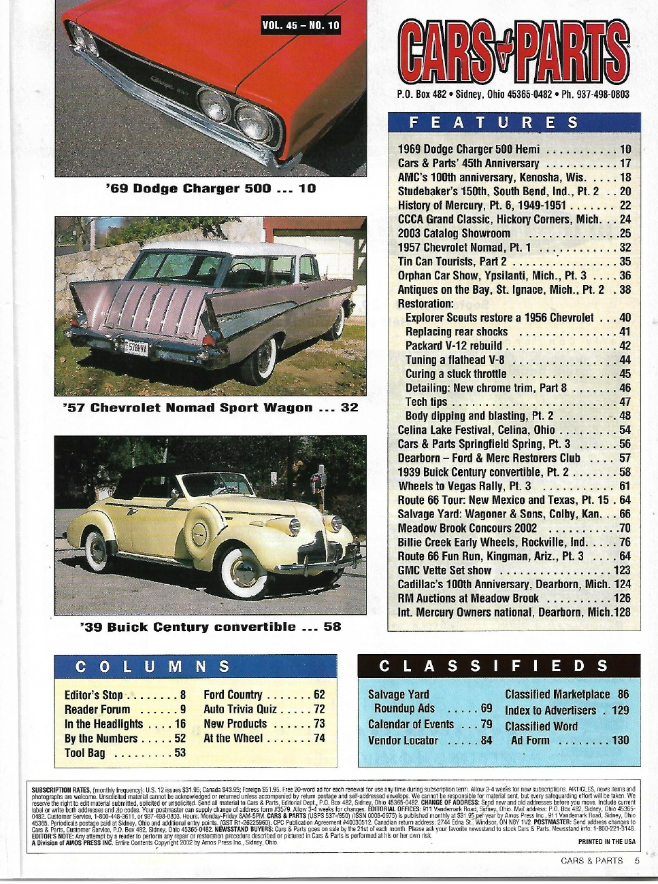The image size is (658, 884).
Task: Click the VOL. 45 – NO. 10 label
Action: coord(300,26)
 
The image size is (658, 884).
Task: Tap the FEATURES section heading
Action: coord(494,122)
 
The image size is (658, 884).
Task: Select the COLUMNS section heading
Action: coord(152,666)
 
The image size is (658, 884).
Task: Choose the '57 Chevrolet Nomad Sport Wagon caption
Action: coord(210,408)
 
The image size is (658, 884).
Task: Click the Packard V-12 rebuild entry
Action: coord(517,345)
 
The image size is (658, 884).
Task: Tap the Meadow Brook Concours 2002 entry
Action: coord(514,528)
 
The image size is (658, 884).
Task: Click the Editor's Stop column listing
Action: coord(125,695)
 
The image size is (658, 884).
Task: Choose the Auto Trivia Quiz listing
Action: coord(264,709)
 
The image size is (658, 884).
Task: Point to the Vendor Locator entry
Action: coord(429,740)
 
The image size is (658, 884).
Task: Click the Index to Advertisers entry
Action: coord(567,711)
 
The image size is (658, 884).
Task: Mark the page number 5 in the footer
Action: coord(637,860)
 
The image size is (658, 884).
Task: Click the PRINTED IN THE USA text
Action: coord(606,842)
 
